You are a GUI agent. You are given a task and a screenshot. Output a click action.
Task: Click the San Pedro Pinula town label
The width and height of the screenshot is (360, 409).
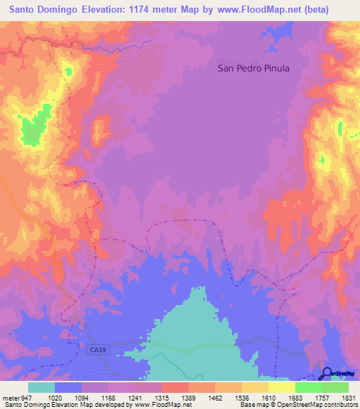(253, 69)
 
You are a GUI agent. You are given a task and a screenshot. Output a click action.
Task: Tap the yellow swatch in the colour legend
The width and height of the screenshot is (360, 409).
(281, 387)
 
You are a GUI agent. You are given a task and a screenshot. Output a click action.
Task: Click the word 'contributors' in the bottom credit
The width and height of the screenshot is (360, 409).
(340, 405)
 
